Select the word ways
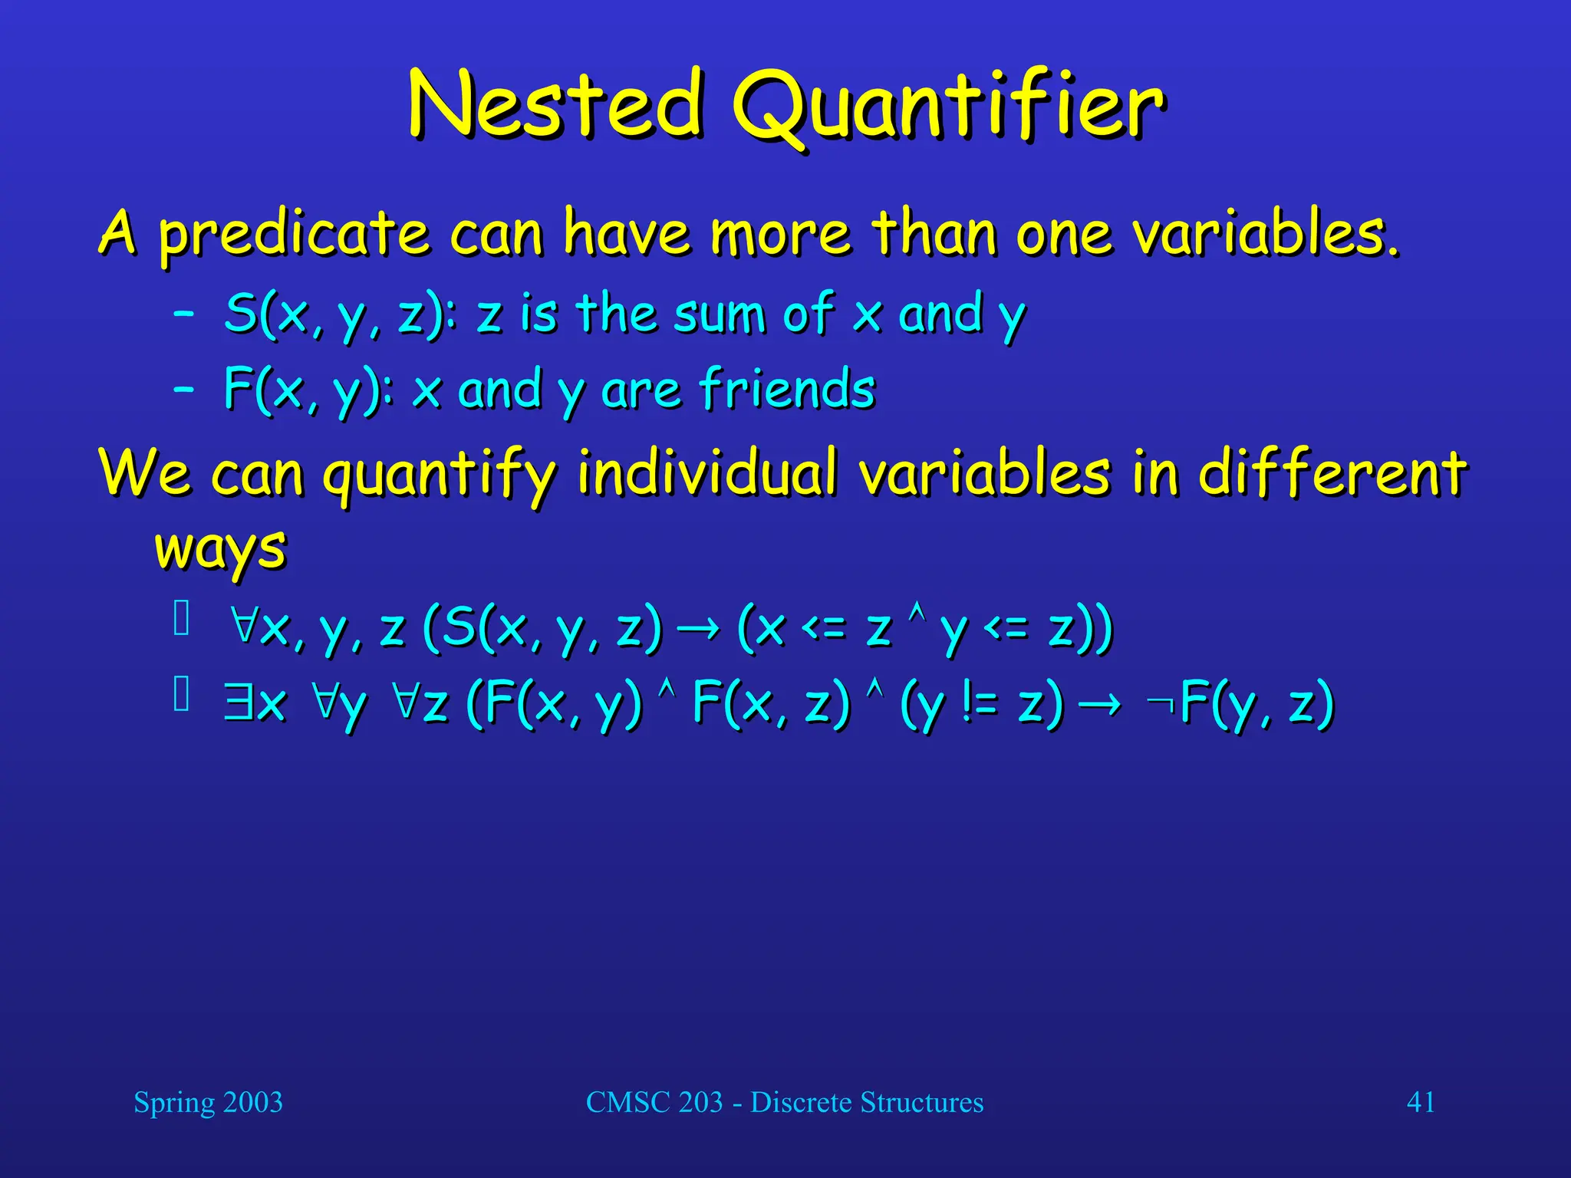pyautogui.click(x=221, y=549)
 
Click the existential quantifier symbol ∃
pyautogui.click(x=239, y=703)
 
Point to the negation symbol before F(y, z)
pyautogui.click(x=1160, y=702)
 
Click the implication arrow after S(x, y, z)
pyautogui.click(x=700, y=629)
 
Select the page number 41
pyautogui.click(x=1421, y=1102)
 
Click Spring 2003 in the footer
pyautogui.click(x=208, y=1102)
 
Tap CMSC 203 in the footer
pyautogui.click(x=654, y=1102)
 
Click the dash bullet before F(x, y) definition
pyautogui.click(x=183, y=389)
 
